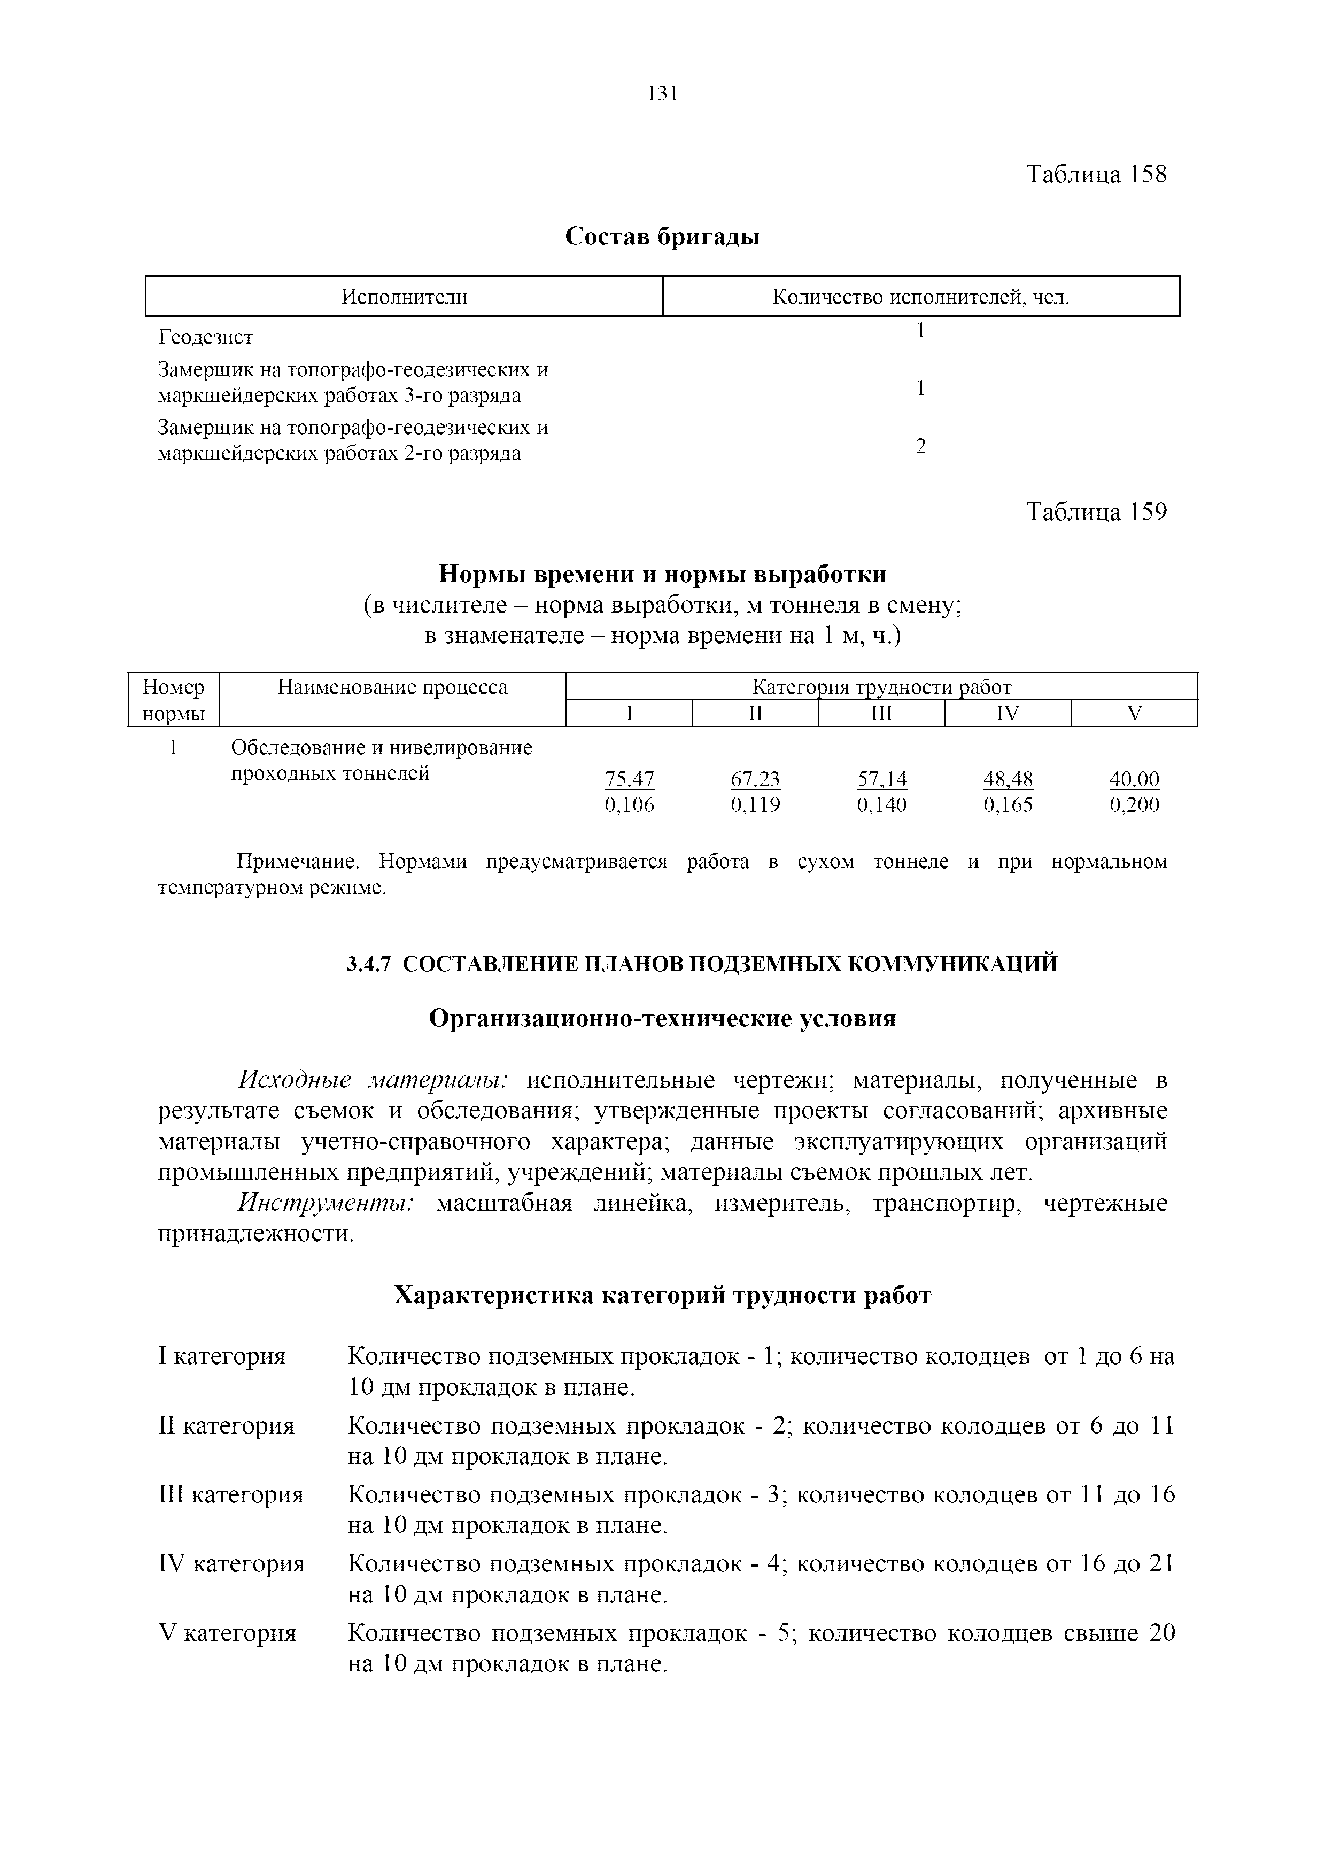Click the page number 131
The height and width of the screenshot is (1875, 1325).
tap(662, 94)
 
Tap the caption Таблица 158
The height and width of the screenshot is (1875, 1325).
tap(1096, 174)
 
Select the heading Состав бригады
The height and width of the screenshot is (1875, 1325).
tap(662, 237)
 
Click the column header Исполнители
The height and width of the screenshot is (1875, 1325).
tap(404, 297)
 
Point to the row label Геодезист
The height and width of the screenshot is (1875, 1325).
tap(206, 336)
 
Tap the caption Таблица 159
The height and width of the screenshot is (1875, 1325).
tap(1096, 512)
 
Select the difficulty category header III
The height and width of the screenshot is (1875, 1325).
tap(882, 714)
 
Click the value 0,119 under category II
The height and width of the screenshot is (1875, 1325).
tap(755, 805)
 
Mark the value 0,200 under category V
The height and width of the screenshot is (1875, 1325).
tap(1134, 805)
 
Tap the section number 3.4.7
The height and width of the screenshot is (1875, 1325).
tap(369, 964)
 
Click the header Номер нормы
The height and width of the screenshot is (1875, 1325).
tap(173, 700)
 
